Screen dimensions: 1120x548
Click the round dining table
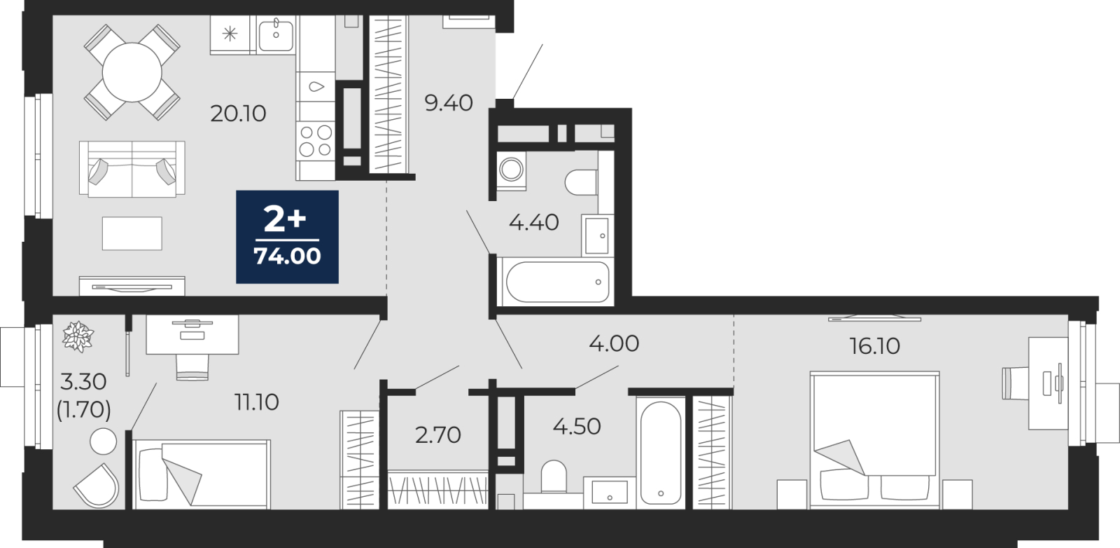coord(132,73)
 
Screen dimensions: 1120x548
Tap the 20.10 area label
coord(238,114)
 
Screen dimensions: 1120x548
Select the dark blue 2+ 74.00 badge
coord(287,237)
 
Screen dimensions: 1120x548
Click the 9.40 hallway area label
coord(449,103)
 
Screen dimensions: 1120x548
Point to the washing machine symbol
coord(511,170)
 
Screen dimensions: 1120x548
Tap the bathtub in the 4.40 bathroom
coord(557,281)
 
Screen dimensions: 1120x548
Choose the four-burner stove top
coord(316,141)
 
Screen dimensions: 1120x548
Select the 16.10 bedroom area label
coord(875,345)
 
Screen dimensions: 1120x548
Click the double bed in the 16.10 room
coord(874,440)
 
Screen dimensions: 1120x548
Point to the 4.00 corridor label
coord(614,344)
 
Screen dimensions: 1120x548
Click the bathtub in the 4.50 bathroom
coord(661,453)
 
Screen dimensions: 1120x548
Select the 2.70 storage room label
coord(438,435)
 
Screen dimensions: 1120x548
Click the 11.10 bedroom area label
coord(256,402)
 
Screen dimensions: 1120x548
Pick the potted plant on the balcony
coord(78,336)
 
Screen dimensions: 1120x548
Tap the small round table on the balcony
coord(104,441)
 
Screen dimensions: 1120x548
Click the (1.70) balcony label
coord(83,410)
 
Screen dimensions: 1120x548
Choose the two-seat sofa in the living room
coord(132,169)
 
